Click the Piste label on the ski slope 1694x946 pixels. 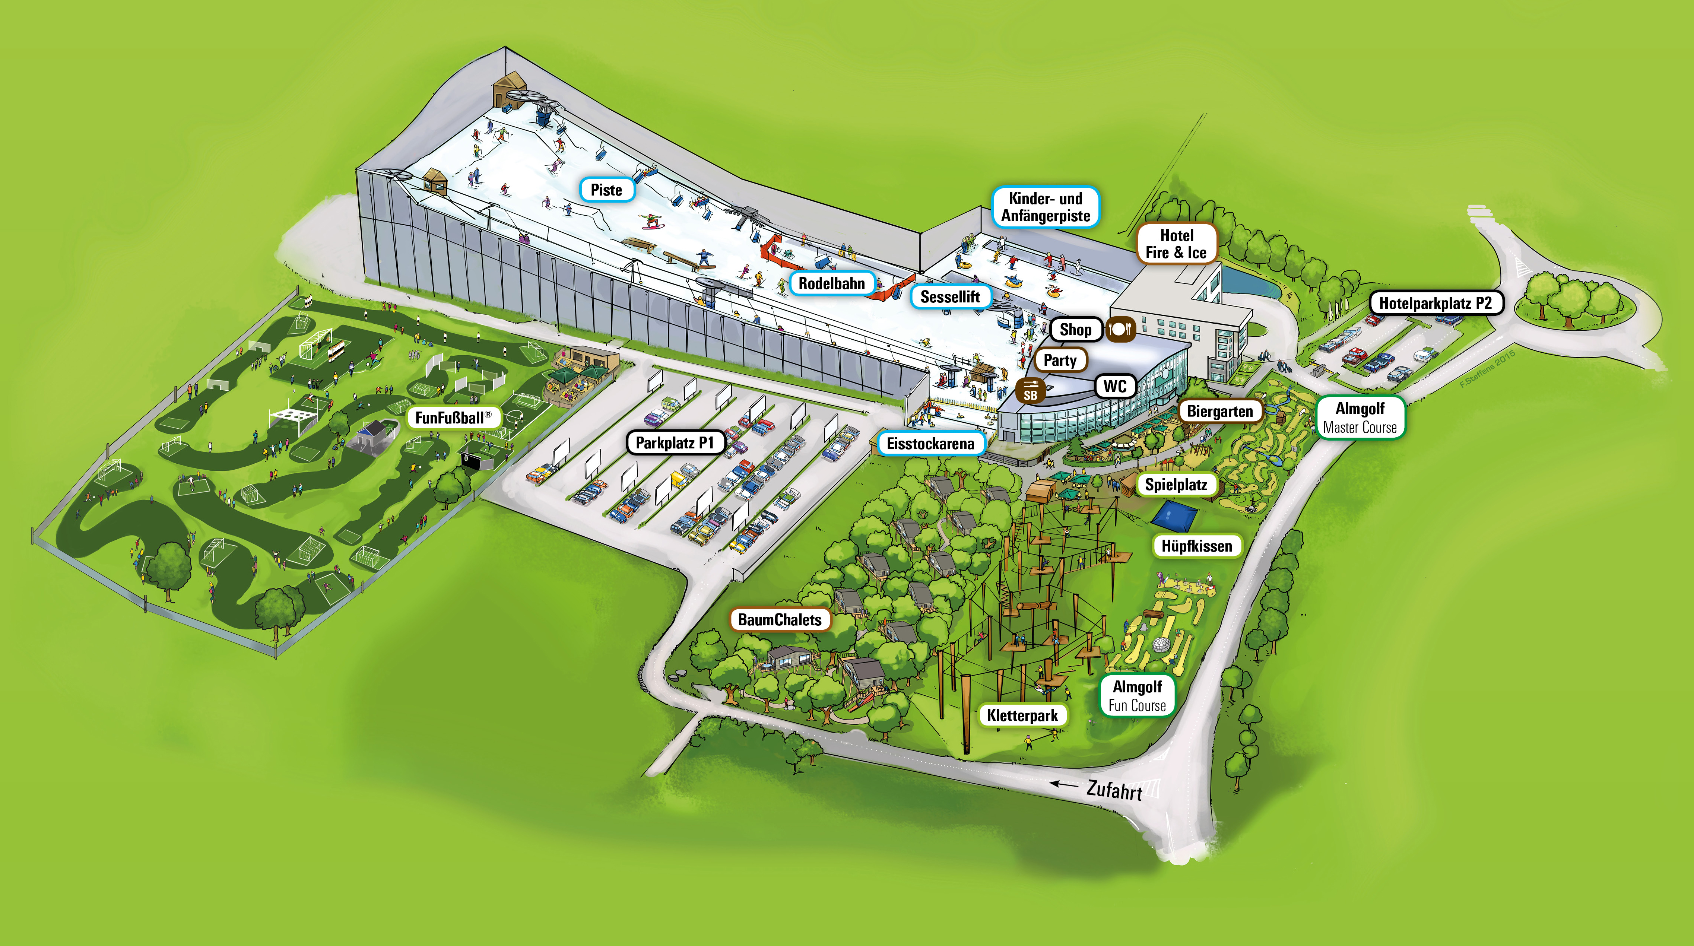(x=606, y=190)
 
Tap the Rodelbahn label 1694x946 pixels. (x=832, y=283)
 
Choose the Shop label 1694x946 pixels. (x=1075, y=329)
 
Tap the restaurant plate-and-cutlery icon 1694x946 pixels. (x=1120, y=329)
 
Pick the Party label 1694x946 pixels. (x=1060, y=360)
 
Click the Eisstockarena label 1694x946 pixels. (x=930, y=444)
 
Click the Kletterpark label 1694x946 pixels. (x=1022, y=715)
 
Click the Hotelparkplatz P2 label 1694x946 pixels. (x=1436, y=303)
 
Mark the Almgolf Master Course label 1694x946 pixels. (x=1360, y=418)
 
